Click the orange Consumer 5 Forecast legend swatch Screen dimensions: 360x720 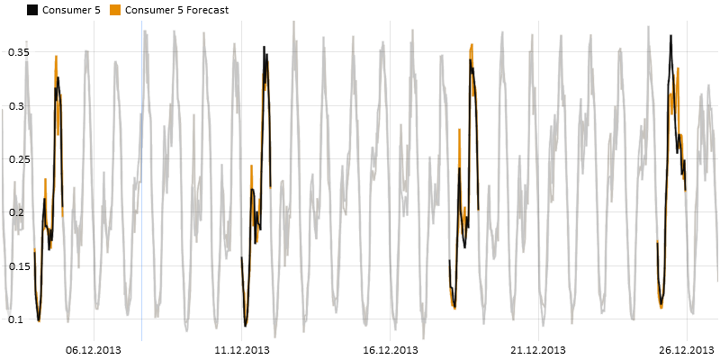(x=114, y=11)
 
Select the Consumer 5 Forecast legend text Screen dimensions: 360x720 (x=176, y=11)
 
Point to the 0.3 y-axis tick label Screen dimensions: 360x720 (x=18, y=106)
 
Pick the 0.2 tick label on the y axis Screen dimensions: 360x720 (x=18, y=212)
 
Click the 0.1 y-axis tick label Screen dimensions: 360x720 (x=18, y=319)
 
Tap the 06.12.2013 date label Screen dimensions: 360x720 (x=94, y=350)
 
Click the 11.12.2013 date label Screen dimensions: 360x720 (x=242, y=350)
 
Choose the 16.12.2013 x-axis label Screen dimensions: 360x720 (x=390, y=350)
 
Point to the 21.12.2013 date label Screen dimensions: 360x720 (x=539, y=350)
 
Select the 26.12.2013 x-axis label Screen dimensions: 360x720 (x=687, y=350)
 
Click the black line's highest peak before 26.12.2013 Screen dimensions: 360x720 (x=670, y=36)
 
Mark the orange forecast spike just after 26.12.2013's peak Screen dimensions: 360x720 (x=678, y=68)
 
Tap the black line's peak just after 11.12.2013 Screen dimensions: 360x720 (x=264, y=47)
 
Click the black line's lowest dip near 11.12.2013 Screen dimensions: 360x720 (x=246, y=325)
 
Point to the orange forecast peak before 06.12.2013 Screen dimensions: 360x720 (x=56, y=56)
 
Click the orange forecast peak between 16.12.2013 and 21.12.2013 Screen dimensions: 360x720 (x=472, y=44)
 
